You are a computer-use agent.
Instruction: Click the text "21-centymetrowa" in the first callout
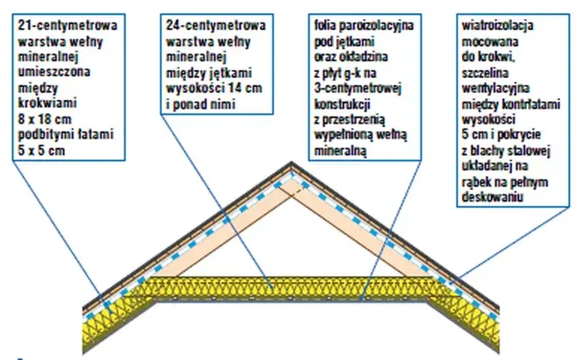click(67, 25)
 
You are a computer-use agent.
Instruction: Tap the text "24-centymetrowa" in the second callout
click(216, 25)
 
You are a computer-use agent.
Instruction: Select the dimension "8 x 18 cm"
click(45, 119)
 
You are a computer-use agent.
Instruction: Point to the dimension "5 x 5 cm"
click(41, 151)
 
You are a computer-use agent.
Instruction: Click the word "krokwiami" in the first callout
click(47, 102)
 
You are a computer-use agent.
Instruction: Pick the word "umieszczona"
click(53, 72)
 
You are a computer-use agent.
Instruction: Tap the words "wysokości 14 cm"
click(214, 88)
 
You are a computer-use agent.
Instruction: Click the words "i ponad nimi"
click(201, 104)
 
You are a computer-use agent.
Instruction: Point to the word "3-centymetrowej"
click(358, 88)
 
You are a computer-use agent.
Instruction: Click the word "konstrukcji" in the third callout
click(342, 104)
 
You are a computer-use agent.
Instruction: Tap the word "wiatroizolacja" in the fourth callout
click(497, 25)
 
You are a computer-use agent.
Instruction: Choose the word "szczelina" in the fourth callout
click(485, 73)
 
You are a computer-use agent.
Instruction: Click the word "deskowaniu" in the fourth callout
click(493, 197)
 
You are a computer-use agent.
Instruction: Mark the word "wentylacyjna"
click(495, 88)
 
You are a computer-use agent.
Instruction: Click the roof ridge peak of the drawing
click(291, 163)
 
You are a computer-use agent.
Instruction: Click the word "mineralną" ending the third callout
click(340, 152)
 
